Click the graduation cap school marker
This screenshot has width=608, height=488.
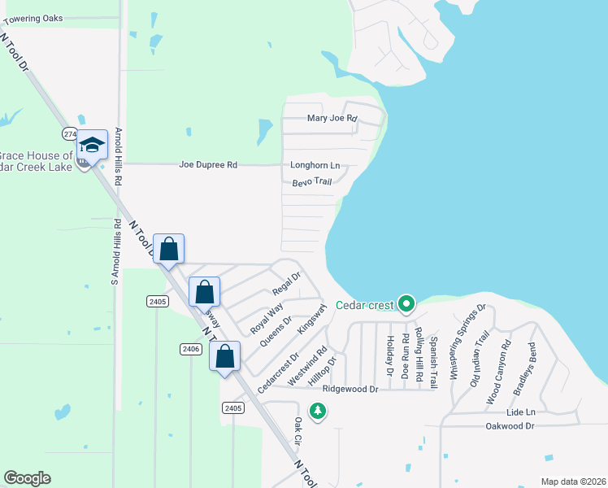coord(92,145)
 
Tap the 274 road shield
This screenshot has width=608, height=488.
coord(70,133)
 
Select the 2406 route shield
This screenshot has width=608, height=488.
coord(189,349)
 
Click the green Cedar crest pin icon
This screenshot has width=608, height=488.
coord(407,305)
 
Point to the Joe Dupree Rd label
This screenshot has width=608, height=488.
coord(208,165)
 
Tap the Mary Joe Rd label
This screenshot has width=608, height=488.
coord(332,119)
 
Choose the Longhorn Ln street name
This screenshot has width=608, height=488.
coord(315,166)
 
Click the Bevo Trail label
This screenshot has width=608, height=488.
coord(313,182)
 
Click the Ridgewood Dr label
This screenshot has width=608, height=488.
coord(350,390)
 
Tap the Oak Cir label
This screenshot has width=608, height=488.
coord(298,430)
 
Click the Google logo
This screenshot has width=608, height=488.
coord(27,478)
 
